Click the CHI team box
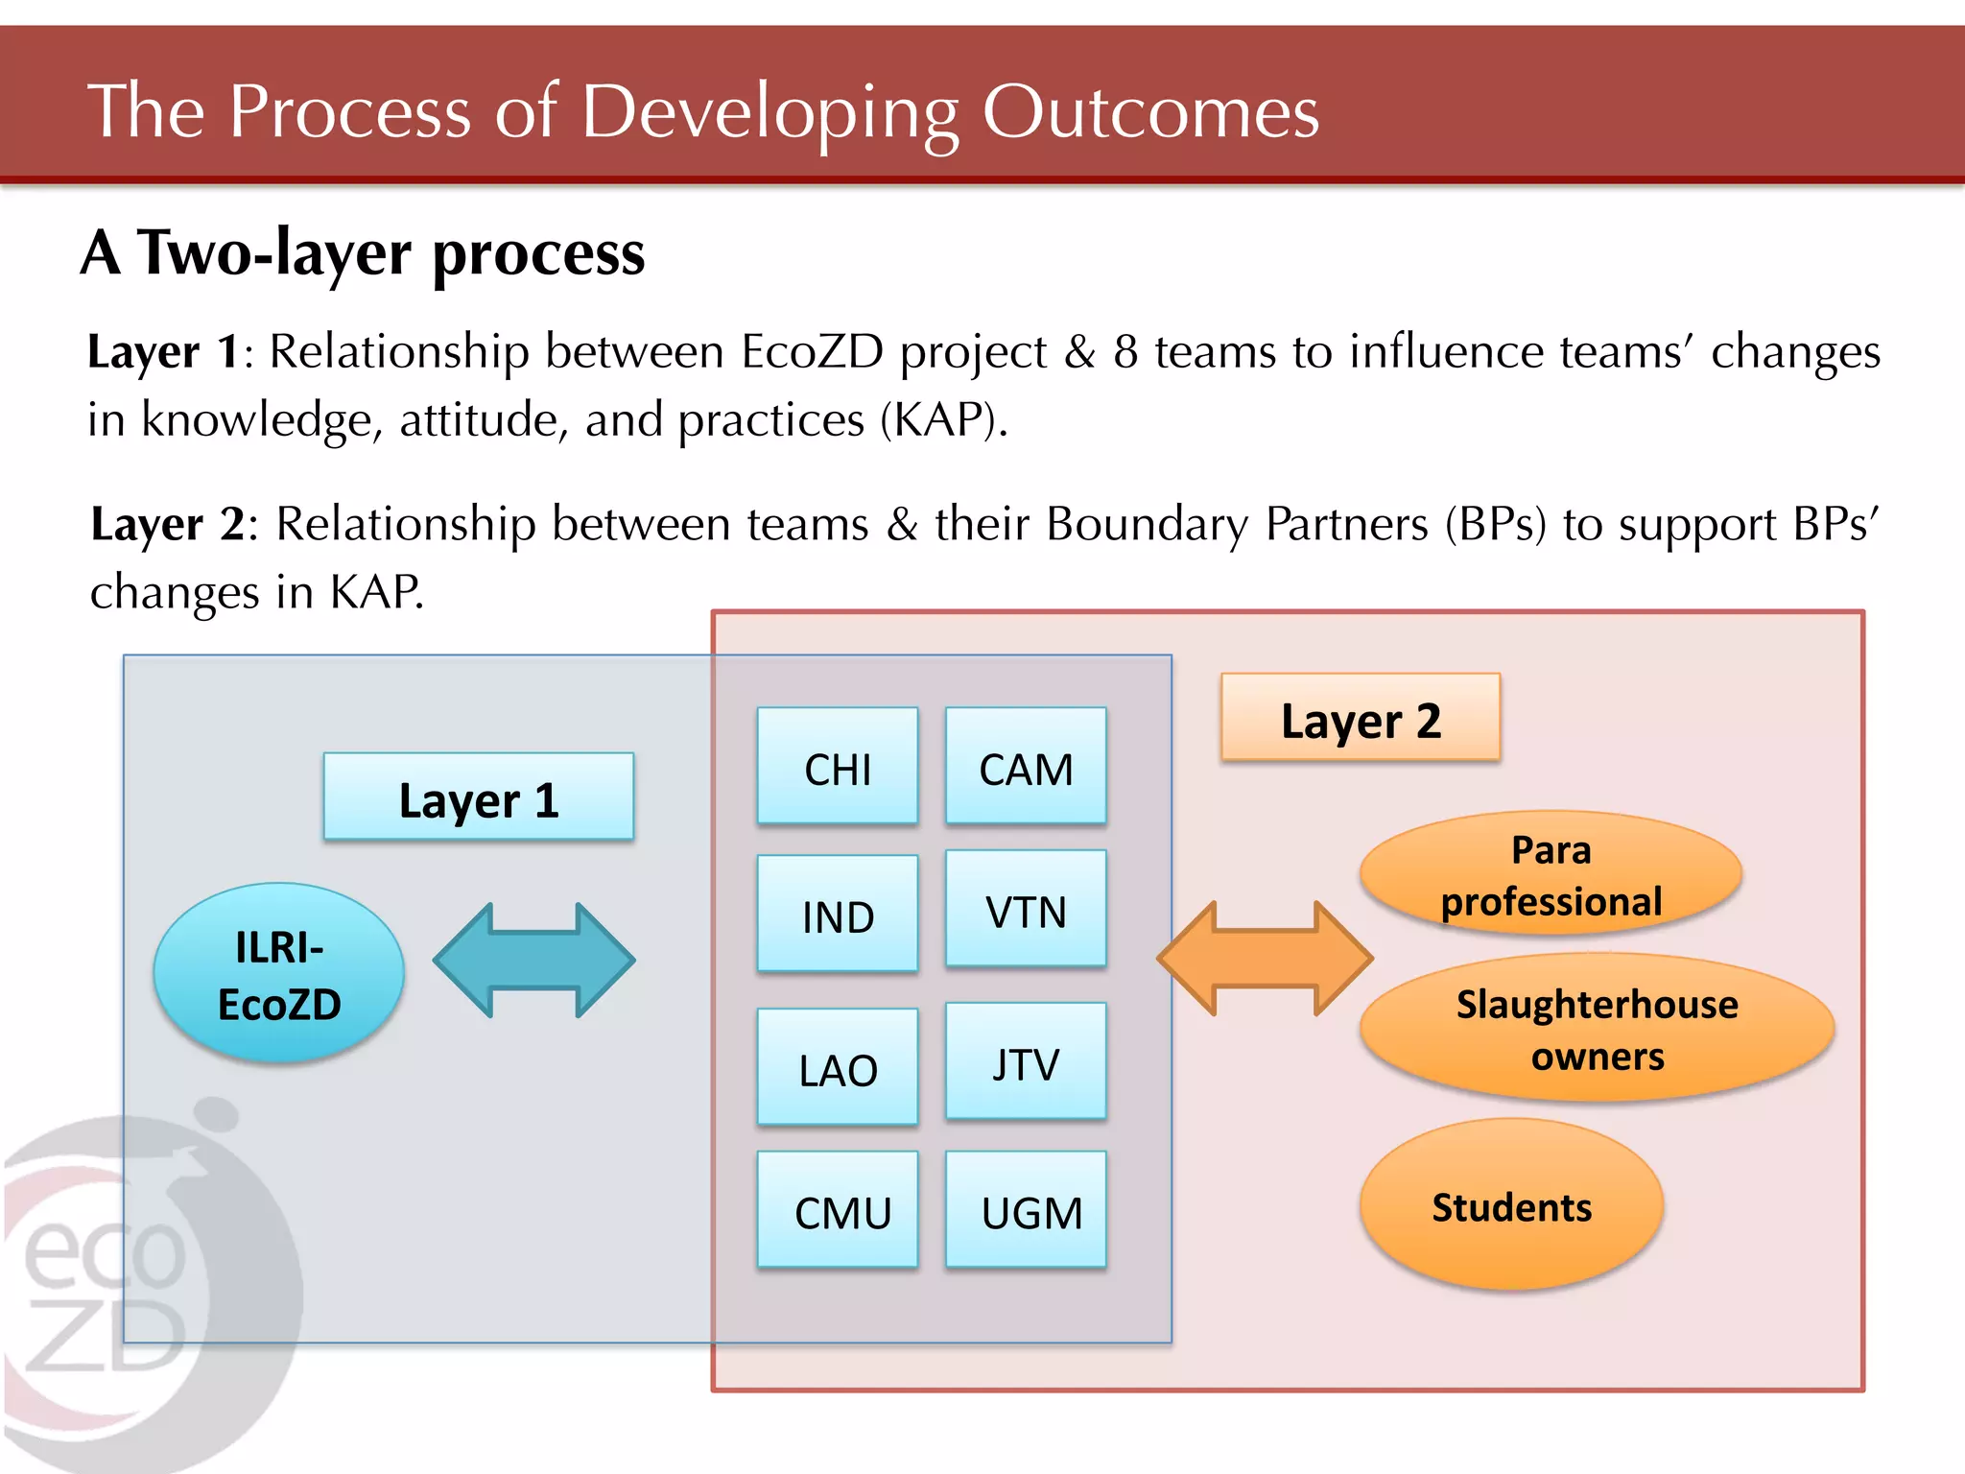pos(837,767)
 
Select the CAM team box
pos(1025,767)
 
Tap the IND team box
pos(837,915)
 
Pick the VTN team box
pos(1025,909)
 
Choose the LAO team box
pos(837,1067)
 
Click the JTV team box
pos(1025,1061)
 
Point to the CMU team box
pos(837,1210)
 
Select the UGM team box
pos(1025,1210)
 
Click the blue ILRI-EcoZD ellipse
pos(278,973)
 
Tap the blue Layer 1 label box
pos(478,797)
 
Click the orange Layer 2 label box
pos(1360,718)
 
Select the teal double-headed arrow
pos(533,960)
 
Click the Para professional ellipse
pos(1550,873)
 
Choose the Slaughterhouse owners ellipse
pos(1596,1028)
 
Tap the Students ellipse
pos(1510,1205)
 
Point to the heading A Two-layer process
pos(363,253)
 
